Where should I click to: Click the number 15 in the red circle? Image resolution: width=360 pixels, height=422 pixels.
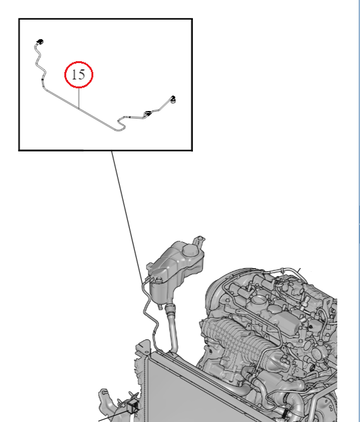pos(79,74)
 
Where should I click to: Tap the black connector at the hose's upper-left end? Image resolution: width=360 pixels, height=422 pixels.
pos(40,42)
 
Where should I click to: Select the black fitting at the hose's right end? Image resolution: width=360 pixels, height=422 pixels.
pos(173,99)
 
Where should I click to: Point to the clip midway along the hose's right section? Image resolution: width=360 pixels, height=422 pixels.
pos(147,114)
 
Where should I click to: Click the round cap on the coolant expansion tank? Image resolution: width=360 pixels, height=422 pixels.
pos(190,250)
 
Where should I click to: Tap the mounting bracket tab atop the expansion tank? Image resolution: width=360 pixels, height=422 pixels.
pos(199,240)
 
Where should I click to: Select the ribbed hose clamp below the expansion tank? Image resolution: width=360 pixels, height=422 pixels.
pos(170,308)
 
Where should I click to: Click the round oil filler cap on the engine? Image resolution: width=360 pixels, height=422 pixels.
pos(259,300)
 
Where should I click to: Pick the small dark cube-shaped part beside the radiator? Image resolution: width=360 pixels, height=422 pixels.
pos(133,406)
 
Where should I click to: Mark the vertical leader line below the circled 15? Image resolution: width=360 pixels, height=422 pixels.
pos(79,98)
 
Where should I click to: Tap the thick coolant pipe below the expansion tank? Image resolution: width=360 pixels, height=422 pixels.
pos(172,329)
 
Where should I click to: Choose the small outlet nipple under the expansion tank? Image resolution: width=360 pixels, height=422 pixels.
pos(161,307)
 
